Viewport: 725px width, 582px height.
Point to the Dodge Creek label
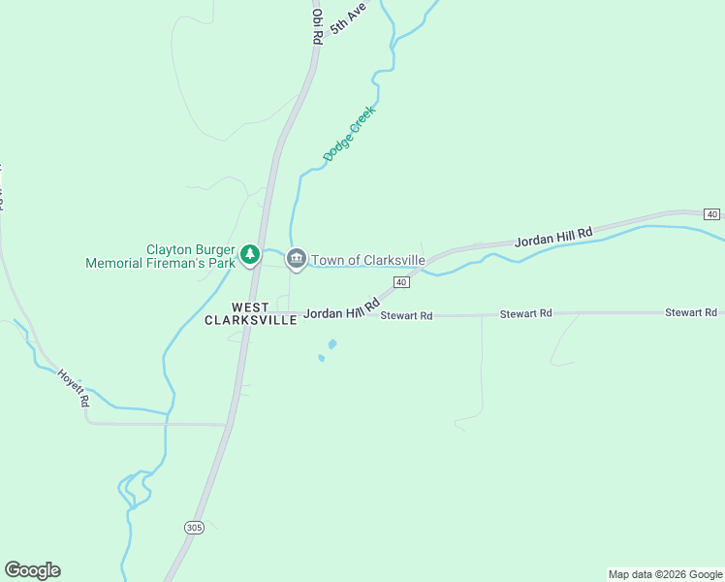coord(349,134)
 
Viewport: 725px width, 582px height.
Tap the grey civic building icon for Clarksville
coord(297,259)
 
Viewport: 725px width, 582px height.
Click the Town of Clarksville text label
coord(367,260)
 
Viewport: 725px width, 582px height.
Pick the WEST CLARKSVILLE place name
coord(250,314)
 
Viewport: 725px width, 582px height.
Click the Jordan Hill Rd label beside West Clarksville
coord(340,308)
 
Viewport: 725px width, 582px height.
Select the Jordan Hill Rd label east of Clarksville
coord(552,239)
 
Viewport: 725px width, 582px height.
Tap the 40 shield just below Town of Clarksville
coord(401,282)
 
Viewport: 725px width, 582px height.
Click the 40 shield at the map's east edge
coord(712,213)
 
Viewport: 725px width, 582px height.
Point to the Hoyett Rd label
coord(74,387)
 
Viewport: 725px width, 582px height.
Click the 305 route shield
coord(195,526)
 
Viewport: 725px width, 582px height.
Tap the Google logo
coord(32,570)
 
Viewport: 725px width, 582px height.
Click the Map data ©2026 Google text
coord(664,574)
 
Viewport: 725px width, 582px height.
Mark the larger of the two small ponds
coord(332,344)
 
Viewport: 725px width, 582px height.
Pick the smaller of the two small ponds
coord(322,358)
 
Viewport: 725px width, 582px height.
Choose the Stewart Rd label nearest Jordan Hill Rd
coord(406,315)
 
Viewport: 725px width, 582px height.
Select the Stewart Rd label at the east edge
coord(690,312)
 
